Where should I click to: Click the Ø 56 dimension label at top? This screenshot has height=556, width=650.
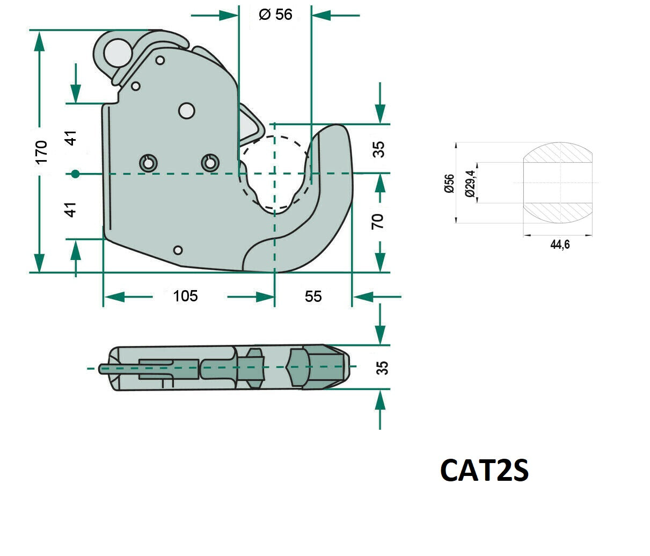pos(275,15)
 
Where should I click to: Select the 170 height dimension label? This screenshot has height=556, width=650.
pos(41,152)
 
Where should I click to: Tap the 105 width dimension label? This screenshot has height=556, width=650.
pos(185,296)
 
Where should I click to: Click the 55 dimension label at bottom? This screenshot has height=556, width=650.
pos(313,296)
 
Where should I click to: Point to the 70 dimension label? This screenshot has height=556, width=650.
pos(377,221)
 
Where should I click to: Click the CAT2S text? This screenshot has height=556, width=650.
pos(484,471)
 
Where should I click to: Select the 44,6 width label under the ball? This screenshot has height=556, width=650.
pos(560,244)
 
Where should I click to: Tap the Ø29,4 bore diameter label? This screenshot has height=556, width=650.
pos(470,183)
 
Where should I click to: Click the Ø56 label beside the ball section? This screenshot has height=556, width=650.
pos(449,183)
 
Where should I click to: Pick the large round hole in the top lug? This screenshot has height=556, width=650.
pos(118,53)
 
